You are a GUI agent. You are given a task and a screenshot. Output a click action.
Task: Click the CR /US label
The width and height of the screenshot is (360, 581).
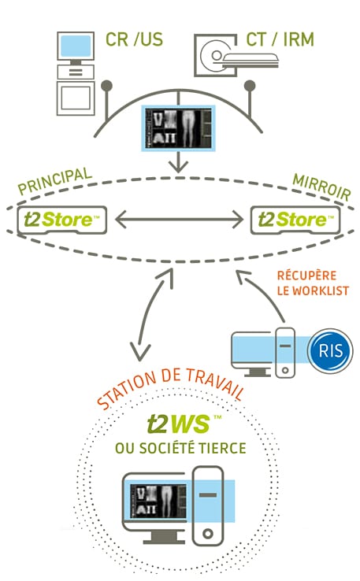tap(134, 39)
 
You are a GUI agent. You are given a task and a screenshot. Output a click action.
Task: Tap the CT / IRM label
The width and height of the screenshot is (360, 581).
tap(280, 39)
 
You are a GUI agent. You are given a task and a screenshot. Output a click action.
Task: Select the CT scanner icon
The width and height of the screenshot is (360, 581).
tap(236, 55)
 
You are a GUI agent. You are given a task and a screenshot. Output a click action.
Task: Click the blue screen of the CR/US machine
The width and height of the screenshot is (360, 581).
tap(76, 46)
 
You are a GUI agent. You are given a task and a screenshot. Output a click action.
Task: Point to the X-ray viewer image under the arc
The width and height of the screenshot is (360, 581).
tap(178, 128)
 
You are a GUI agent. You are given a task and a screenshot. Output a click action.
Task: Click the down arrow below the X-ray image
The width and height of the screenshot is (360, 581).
tap(178, 162)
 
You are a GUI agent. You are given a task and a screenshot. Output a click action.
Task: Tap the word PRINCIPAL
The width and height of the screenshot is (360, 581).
tap(55, 181)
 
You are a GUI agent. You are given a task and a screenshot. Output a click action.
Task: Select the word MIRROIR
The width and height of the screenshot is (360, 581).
tap(321, 187)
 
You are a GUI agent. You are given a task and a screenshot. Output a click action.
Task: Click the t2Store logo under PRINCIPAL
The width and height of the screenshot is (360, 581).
tap(62, 220)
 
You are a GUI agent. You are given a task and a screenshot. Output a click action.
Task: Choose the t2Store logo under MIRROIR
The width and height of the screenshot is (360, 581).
tap(295, 220)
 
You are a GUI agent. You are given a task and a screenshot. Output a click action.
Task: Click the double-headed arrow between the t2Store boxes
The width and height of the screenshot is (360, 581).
tap(179, 220)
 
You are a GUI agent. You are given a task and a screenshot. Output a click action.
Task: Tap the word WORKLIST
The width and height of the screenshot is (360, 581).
tap(321, 290)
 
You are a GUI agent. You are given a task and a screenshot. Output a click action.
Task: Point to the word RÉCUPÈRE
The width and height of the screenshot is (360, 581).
tap(307, 276)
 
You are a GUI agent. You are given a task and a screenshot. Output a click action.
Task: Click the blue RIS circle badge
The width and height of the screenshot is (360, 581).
tap(330, 350)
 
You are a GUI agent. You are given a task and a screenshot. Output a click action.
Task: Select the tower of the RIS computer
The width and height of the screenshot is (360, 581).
tap(285, 353)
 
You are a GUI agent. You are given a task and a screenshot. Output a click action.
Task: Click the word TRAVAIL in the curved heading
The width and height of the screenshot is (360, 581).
tap(215, 383)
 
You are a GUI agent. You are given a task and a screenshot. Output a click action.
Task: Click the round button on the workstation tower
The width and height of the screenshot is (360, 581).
tap(208, 534)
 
